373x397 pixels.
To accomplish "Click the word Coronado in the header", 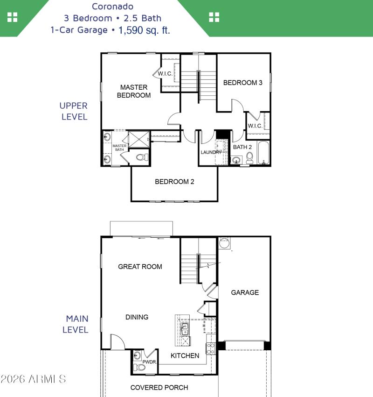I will pos(113,7).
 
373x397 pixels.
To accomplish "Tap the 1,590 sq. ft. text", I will pos(144,30).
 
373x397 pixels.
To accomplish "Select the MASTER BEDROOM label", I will pos(134,91).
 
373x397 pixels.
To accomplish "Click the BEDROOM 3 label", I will pos(242,83).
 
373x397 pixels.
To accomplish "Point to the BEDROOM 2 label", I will pos(174,182).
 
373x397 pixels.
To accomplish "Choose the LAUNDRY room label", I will pos(211,152).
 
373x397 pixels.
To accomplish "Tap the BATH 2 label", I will pos(242,147).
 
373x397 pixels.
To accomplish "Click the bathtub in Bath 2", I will pos(263,153).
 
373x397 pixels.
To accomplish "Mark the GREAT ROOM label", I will pos(140,267).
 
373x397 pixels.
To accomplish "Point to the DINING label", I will pos(137,317).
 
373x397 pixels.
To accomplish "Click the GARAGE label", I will pos(245,292).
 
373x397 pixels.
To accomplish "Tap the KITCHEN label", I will pos(185,355).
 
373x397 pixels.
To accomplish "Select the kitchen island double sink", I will pos(185,329).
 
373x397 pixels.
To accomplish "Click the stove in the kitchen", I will pos(211,348).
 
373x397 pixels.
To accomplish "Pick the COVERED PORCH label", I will pos(159,387).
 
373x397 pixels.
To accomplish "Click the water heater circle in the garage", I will pos(225,243).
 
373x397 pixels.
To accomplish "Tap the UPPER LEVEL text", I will pos(74,111).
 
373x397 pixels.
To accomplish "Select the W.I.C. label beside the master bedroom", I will pos(165,74).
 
